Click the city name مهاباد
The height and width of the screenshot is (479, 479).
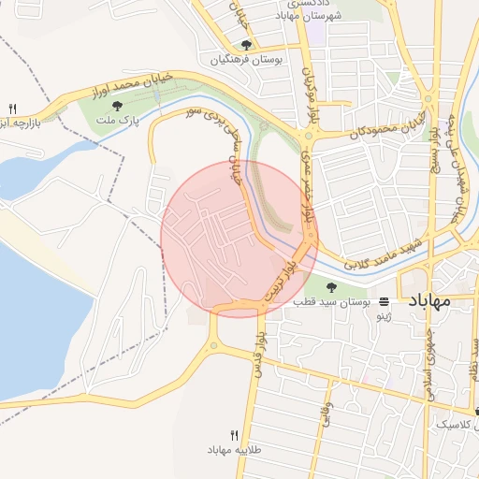tap(430, 300)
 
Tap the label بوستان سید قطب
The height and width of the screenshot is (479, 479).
tap(332, 302)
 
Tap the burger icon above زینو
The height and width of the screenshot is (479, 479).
tap(383, 302)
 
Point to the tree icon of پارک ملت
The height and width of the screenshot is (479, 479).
tap(117, 107)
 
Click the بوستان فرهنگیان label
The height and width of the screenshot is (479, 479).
tap(246, 59)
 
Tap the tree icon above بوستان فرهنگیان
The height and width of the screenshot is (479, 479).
tap(246, 44)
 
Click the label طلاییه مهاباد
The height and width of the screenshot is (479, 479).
tap(234, 450)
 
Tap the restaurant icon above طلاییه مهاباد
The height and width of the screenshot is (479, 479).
tap(234, 435)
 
